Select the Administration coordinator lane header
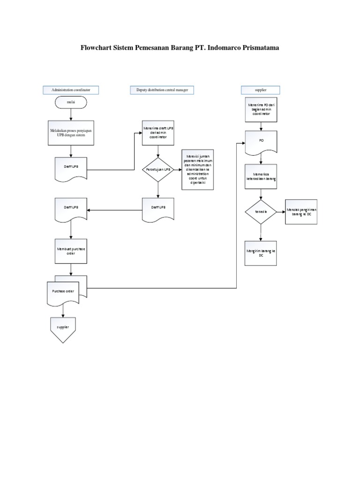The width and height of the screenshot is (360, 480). [x=71, y=90]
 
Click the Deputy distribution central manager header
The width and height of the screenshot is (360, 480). [x=162, y=90]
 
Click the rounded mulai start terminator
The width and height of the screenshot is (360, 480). [x=71, y=101]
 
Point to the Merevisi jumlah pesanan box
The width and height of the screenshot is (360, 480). [x=197, y=170]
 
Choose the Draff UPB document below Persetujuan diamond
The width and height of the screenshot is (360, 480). [x=158, y=208]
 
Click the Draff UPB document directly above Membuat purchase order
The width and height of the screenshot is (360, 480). [x=71, y=209]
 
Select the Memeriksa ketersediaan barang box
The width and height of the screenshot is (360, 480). [x=261, y=176]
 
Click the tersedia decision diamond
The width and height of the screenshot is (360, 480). [x=261, y=211]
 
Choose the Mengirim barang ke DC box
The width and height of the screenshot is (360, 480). [x=261, y=253]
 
